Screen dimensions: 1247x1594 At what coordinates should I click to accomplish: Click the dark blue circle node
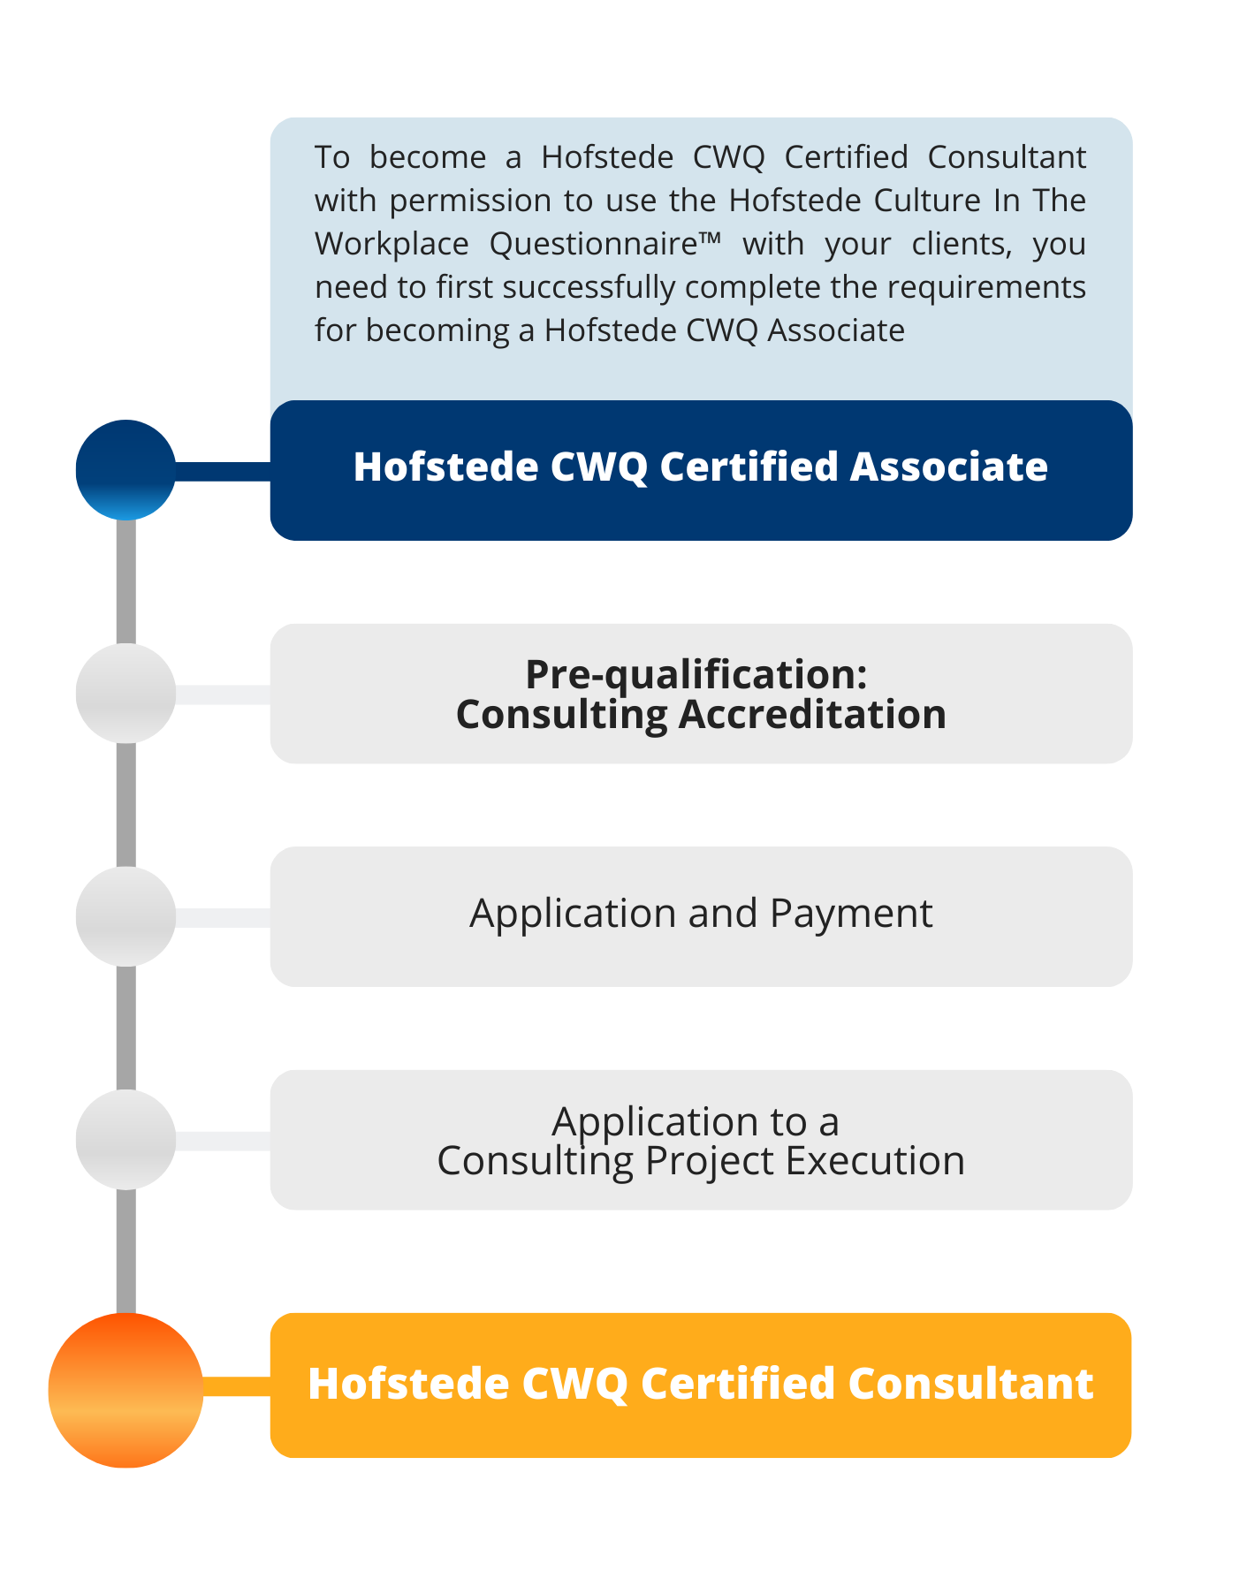tap(125, 470)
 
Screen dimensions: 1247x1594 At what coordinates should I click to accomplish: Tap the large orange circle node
tap(125, 1390)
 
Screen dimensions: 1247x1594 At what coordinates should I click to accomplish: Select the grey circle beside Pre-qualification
tap(125, 694)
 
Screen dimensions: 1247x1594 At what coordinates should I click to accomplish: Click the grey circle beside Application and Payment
tap(125, 916)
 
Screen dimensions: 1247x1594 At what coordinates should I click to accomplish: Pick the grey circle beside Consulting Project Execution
tap(125, 1140)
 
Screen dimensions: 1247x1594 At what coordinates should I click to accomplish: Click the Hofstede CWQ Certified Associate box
tap(701, 470)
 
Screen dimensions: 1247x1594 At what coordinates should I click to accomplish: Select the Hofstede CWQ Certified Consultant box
tap(701, 1385)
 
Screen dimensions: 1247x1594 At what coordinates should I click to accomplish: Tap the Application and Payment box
tap(701, 916)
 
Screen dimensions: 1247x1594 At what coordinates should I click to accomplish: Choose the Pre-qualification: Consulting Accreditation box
tap(701, 694)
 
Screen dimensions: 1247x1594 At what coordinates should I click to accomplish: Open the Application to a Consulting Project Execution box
tap(701, 1140)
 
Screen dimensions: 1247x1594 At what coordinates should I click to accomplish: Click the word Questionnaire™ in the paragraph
tap(605, 244)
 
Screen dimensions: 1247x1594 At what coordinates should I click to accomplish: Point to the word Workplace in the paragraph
tap(392, 244)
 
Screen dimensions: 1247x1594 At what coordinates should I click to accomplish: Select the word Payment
tap(851, 914)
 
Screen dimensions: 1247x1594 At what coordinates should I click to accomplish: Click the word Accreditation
tap(812, 714)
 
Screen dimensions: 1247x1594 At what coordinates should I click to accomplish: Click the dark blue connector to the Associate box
tap(223, 471)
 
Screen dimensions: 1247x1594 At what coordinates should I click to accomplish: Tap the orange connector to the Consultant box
tap(236, 1386)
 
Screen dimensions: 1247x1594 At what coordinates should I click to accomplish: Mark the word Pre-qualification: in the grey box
tap(696, 675)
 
